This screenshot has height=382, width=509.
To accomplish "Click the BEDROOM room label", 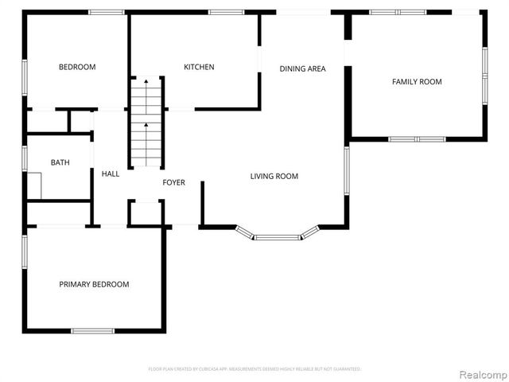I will click(x=77, y=68).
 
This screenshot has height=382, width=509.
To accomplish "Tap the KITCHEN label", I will click(x=199, y=68).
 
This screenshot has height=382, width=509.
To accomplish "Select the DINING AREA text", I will click(x=302, y=69).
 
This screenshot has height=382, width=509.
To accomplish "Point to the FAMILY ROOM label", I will click(x=417, y=82).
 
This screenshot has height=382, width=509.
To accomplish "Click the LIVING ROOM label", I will click(x=274, y=177).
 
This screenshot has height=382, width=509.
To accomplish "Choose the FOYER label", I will click(x=173, y=183).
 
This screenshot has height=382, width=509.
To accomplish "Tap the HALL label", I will click(x=111, y=173).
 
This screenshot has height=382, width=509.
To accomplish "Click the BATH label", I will click(x=60, y=162).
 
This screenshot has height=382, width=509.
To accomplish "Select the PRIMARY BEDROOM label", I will click(x=94, y=284).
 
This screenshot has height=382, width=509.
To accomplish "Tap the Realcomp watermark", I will click(x=484, y=373).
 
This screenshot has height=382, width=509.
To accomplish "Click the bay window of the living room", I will click(x=278, y=236).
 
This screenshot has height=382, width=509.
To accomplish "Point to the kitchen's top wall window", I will click(x=226, y=12).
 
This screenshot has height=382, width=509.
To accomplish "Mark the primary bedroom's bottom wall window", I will click(x=93, y=331).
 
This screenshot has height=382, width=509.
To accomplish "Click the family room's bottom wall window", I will click(x=417, y=139).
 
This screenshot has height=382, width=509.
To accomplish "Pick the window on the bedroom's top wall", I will click(x=106, y=12).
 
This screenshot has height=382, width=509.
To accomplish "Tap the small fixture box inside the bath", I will click(x=34, y=185).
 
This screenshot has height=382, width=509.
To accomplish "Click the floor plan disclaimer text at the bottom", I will click(x=254, y=369).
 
